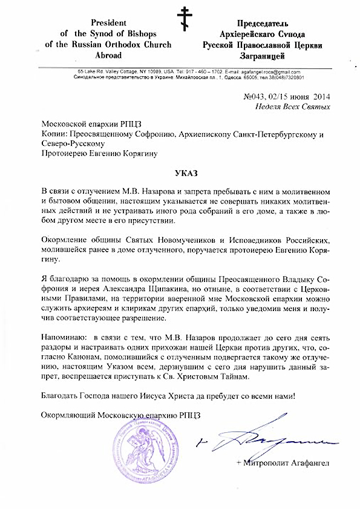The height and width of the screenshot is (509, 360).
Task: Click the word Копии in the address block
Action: point(54,133)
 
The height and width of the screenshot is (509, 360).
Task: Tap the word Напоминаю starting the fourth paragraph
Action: point(63,335)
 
